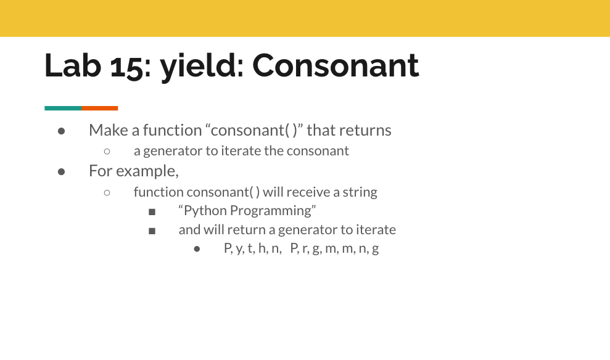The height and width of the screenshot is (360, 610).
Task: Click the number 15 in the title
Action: point(127,66)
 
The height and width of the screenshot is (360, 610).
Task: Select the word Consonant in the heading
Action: point(336,65)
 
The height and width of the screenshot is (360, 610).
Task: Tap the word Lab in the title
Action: point(73,65)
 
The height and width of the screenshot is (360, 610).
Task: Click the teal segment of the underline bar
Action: point(63,108)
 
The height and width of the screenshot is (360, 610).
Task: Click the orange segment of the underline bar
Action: point(99,108)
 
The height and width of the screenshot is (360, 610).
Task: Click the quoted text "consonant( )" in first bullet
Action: point(253,131)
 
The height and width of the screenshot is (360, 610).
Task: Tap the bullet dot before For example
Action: point(61,171)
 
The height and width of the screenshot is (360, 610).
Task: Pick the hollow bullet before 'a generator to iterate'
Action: point(107,151)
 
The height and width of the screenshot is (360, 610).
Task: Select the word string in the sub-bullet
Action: point(360,192)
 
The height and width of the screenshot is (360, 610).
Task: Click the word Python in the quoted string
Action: point(205,211)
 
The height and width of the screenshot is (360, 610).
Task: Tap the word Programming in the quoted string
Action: point(273,211)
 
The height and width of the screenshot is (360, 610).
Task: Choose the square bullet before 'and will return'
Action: point(152,231)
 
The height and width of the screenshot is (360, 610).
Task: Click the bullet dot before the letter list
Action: point(197,249)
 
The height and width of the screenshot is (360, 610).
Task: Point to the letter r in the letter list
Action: point(305,249)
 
